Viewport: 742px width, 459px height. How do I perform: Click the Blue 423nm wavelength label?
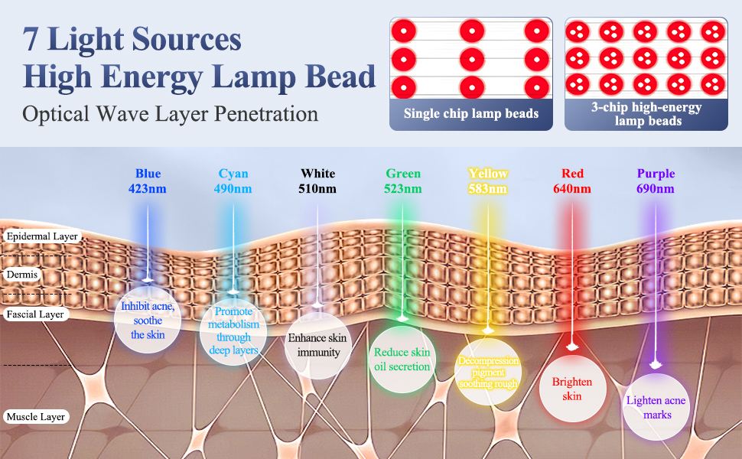pos(148,181)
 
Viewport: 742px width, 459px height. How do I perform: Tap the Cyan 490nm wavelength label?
pos(233,181)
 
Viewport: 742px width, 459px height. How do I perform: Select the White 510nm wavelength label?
pos(317,181)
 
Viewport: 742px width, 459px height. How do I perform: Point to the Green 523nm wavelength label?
pos(403,181)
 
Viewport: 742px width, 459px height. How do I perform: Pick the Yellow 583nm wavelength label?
pos(488,181)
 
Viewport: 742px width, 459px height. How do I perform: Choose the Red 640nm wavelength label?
pos(572,181)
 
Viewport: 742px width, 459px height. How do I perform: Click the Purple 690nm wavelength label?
pos(656,181)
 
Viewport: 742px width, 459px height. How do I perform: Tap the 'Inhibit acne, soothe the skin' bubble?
pos(148,321)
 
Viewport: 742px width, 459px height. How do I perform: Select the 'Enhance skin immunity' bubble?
pos(317,345)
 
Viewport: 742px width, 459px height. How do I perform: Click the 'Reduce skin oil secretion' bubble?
pos(402,360)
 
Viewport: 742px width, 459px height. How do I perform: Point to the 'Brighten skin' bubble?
pos(572,389)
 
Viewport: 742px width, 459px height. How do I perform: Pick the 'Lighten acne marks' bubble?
pos(656,407)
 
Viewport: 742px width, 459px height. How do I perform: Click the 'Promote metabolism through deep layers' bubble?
pos(233,330)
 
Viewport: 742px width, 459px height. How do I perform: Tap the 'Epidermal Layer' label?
pos(42,236)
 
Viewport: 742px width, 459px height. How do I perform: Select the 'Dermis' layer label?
pos(21,273)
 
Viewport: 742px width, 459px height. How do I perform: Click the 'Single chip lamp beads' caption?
pos(471,114)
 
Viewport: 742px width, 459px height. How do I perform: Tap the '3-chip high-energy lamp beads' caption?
pos(646,114)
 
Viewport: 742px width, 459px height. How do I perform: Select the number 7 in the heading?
pos(31,38)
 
